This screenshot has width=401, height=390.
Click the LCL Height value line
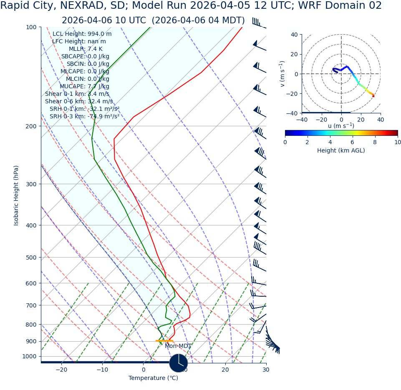click(82, 34)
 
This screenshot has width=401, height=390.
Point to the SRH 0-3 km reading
click(84, 117)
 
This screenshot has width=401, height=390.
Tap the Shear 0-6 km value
click(79, 102)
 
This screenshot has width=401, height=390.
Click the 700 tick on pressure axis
click(31, 305)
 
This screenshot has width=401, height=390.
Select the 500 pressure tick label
click(31, 257)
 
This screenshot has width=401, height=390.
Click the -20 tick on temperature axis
click(61, 370)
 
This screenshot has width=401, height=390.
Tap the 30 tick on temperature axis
click(266, 370)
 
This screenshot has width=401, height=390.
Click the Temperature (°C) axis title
click(153, 378)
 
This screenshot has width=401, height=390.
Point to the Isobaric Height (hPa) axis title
click(16, 195)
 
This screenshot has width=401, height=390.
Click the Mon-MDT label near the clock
click(178, 346)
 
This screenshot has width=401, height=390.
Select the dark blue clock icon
click(179, 363)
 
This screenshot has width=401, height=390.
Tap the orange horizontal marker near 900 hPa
click(164, 341)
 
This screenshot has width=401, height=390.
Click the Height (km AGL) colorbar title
click(341, 151)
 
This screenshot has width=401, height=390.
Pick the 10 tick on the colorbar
click(397, 142)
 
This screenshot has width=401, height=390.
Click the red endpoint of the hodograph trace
click(373, 96)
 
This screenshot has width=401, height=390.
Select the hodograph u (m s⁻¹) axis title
click(341, 126)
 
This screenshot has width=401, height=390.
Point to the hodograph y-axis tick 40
click(294, 35)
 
